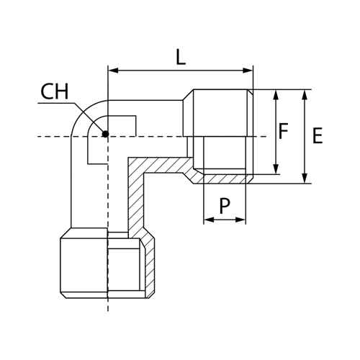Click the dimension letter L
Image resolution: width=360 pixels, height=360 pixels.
(x=181, y=57)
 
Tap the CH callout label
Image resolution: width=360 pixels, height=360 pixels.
(x=55, y=91)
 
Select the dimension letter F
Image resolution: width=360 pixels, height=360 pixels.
(x=283, y=131)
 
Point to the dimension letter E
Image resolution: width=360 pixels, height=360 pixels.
(x=318, y=136)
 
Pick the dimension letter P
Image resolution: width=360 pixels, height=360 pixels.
(x=225, y=206)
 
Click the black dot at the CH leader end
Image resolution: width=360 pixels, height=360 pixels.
(x=105, y=134)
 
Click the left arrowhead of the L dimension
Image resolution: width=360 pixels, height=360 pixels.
(x=113, y=71)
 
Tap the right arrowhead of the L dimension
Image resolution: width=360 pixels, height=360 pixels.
(x=248, y=71)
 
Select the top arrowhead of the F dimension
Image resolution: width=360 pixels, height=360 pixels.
(x=276, y=94)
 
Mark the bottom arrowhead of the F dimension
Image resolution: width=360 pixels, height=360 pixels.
(x=276, y=169)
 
